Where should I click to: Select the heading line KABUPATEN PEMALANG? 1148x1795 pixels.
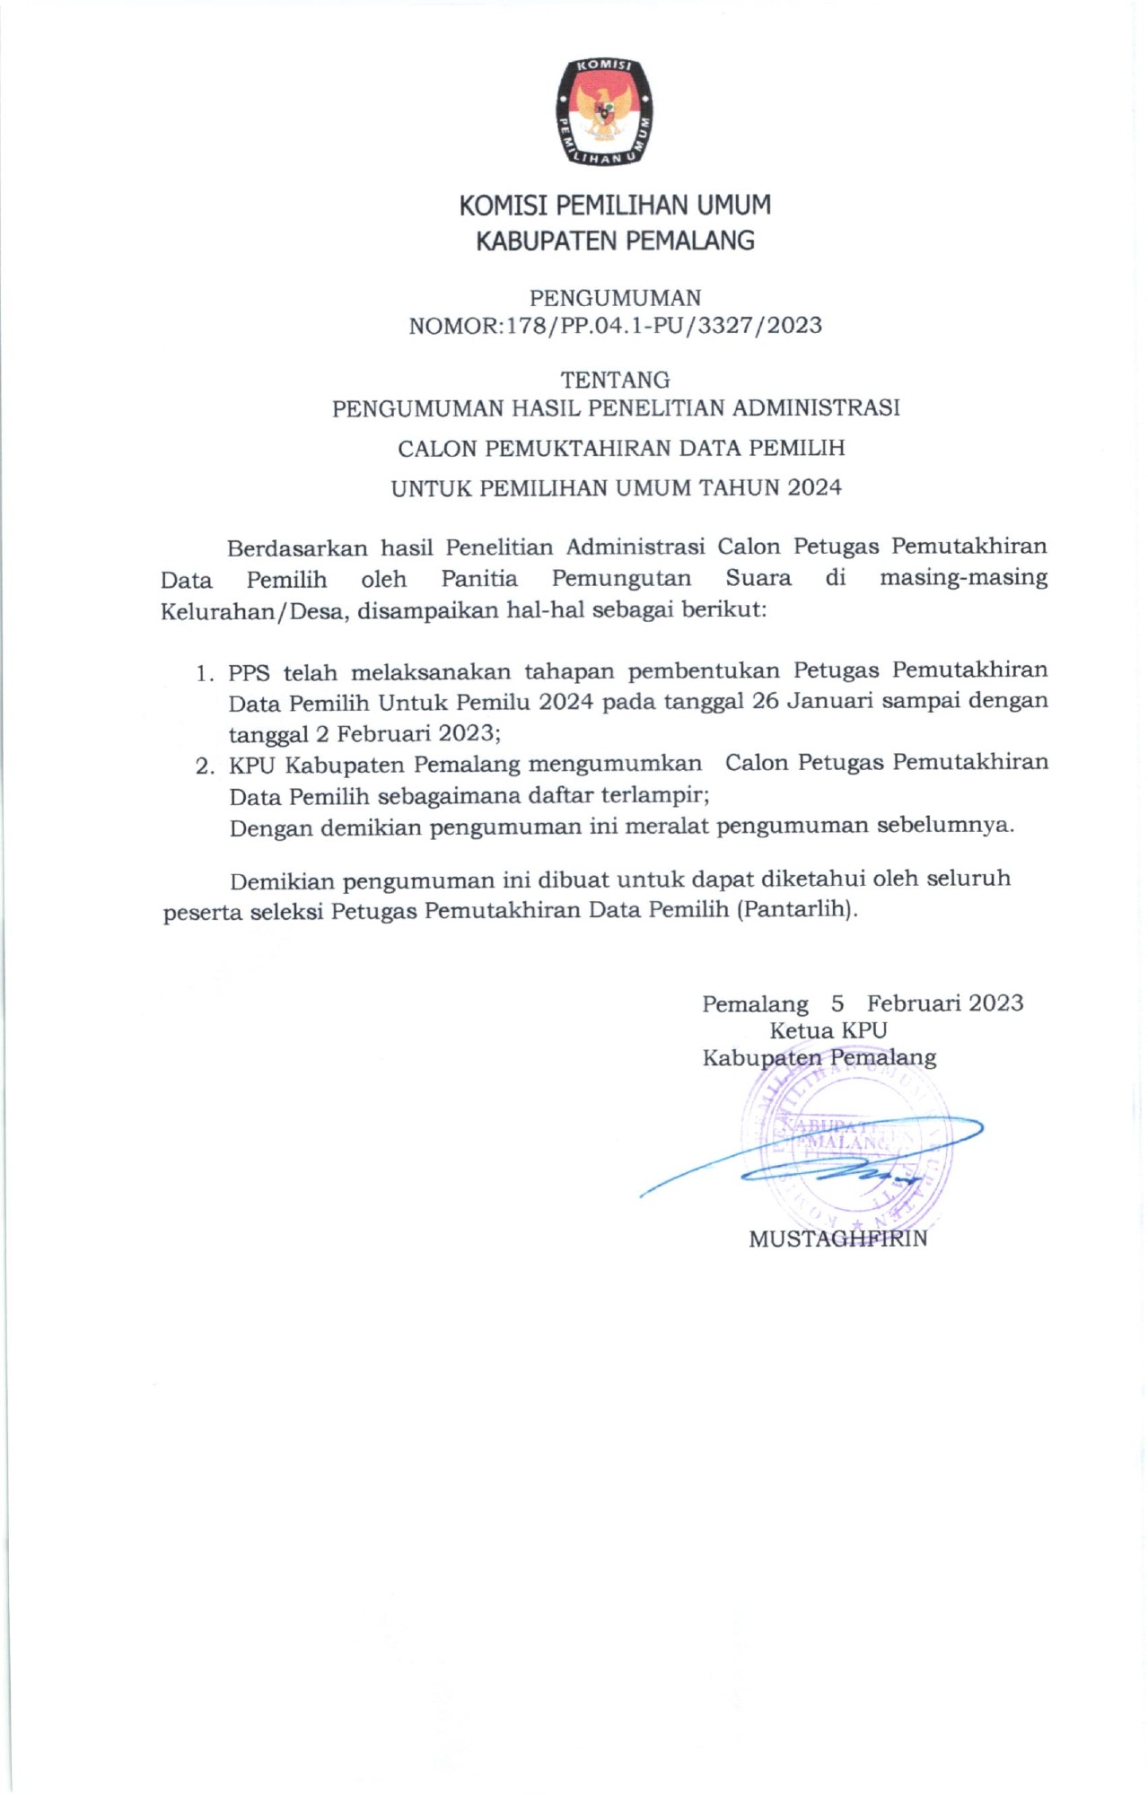pos(615,241)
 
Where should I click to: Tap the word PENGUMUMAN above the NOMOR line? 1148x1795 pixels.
pos(615,298)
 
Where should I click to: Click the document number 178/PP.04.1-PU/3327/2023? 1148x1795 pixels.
pos(664,326)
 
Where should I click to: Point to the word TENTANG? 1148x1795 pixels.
pos(615,380)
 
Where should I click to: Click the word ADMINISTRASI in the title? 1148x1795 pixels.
pos(816,408)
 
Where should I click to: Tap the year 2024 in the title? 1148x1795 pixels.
pos(815,488)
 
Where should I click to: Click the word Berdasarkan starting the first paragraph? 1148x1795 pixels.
pos(297,547)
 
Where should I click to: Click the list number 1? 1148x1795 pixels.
pos(205,673)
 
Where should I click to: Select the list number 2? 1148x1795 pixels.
pos(205,766)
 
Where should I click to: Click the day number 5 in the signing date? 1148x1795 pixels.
pos(837,1003)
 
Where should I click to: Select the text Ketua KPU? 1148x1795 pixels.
pos(828,1030)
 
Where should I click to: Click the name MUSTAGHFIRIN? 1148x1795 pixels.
pos(837,1239)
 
